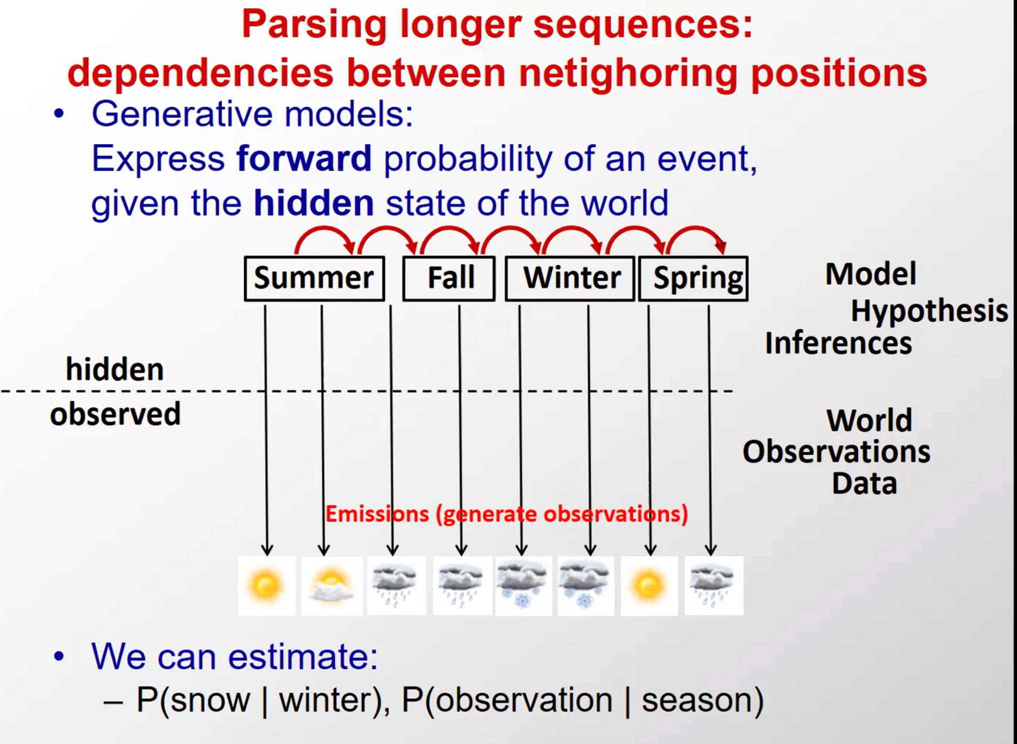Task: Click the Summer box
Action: point(314,278)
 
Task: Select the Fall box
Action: point(449,278)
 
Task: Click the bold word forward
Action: point(304,159)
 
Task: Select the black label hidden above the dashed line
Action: point(115,370)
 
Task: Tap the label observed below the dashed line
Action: point(115,414)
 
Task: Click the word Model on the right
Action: point(870,274)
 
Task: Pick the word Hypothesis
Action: point(929,311)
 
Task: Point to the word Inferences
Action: point(839,343)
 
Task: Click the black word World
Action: point(869,420)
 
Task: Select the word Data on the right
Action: point(864,484)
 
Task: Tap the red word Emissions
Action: point(377,514)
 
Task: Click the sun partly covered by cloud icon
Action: point(332,585)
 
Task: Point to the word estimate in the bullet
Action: point(303,657)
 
